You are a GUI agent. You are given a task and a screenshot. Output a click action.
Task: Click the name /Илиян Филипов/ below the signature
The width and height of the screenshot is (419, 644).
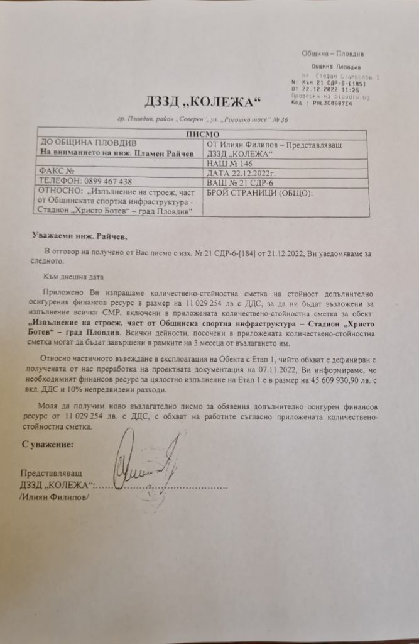[x=54, y=496]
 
